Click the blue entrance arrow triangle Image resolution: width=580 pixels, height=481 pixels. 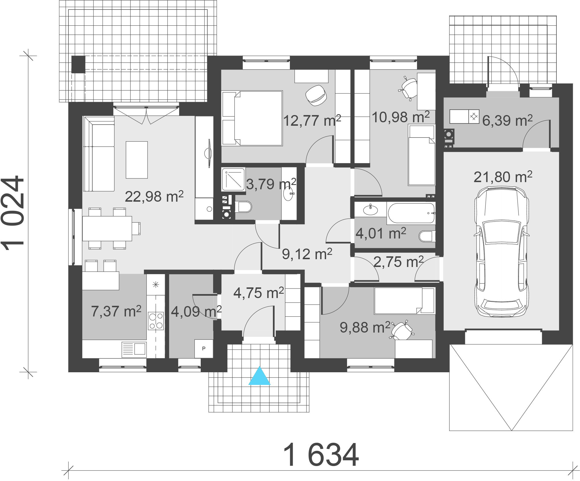click(x=259, y=376)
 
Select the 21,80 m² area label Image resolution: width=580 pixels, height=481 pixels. click(x=503, y=177)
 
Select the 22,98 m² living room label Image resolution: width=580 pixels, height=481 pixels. click(x=154, y=197)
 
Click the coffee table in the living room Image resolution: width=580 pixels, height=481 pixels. click(x=137, y=160)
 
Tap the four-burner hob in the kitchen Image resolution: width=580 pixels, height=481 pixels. click(x=156, y=321)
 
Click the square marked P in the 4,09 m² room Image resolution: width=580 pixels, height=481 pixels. click(x=204, y=348)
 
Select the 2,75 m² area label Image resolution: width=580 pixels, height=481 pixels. click(x=398, y=262)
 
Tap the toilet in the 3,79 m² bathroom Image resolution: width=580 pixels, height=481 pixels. click(x=243, y=207)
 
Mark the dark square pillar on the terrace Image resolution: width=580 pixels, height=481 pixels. click(x=78, y=64)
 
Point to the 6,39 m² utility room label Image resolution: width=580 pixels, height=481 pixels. click(x=507, y=121)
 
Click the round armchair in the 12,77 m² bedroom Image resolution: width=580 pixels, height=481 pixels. click(x=316, y=94)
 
